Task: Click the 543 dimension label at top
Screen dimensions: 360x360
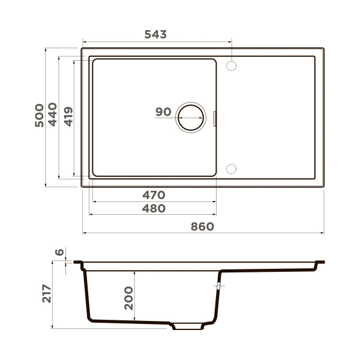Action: tap(155, 35)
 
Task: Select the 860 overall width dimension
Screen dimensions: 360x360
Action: tap(203, 226)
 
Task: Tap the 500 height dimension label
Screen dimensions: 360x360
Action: tap(39, 115)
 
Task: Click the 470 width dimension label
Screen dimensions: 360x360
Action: tap(153, 195)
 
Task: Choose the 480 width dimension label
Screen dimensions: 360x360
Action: tap(153, 208)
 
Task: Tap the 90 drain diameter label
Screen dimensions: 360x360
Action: tap(163, 112)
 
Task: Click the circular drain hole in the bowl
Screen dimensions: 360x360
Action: tap(190, 117)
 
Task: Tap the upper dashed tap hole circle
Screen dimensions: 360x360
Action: tap(231, 65)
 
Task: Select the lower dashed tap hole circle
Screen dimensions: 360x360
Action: tap(231, 169)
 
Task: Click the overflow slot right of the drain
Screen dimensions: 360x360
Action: tap(215, 118)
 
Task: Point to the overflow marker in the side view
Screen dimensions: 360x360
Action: tap(218, 287)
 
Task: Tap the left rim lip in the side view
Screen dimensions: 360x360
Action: tap(78, 262)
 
